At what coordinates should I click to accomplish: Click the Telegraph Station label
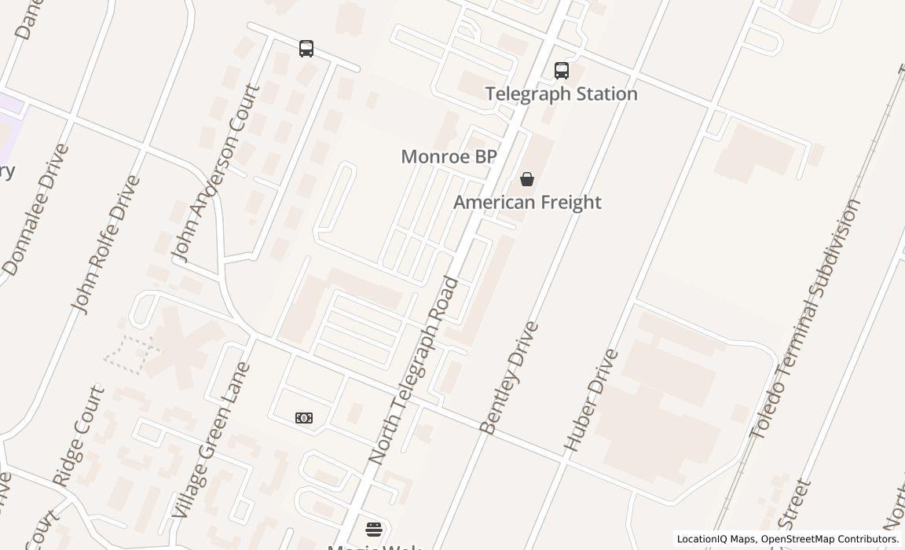pos(561,93)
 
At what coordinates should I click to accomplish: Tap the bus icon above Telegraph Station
pos(562,71)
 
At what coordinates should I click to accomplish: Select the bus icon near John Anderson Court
pos(306,49)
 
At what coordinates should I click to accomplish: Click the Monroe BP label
pos(449,156)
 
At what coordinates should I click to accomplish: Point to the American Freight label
pos(527,202)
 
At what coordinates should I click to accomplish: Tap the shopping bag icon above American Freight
pos(527,180)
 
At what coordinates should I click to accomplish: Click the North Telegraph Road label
pos(413,369)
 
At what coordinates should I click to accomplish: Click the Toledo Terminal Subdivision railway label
pos(805,318)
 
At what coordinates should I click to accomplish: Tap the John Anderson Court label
pos(215,173)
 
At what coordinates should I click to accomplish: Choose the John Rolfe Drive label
pos(105,244)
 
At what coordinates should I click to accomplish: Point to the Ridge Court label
pos(78,434)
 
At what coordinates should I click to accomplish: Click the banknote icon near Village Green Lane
pos(304,418)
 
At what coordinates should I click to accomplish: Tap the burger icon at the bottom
pos(374,529)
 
